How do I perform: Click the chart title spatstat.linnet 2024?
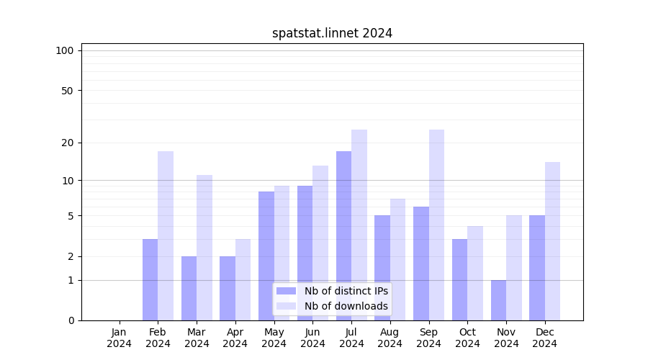[x=332, y=33]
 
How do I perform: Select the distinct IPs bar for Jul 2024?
[x=343, y=235]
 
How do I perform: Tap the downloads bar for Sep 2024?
[x=436, y=225]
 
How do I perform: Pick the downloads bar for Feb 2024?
[x=166, y=235]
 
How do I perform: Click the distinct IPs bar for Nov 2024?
[x=498, y=300]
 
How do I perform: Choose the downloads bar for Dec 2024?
[x=552, y=241]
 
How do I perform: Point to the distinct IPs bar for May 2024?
[x=266, y=256]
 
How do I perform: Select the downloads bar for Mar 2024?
[x=204, y=248]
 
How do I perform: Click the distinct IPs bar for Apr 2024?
[x=228, y=288]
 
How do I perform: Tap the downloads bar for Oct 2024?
[x=475, y=273]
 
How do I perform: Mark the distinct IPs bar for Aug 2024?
[x=382, y=268]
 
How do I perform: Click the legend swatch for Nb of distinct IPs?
[x=286, y=291]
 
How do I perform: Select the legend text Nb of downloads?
[x=346, y=306]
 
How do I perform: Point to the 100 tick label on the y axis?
[x=65, y=50]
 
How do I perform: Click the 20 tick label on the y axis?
[x=68, y=143]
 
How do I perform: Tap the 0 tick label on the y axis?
[x=71, y=320]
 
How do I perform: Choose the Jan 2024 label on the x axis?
[x=120, y=338]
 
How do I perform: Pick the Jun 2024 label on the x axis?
[x=312, y=338]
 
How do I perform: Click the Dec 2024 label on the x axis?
[x=545, y=338]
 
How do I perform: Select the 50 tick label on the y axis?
[x=68, y=91]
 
